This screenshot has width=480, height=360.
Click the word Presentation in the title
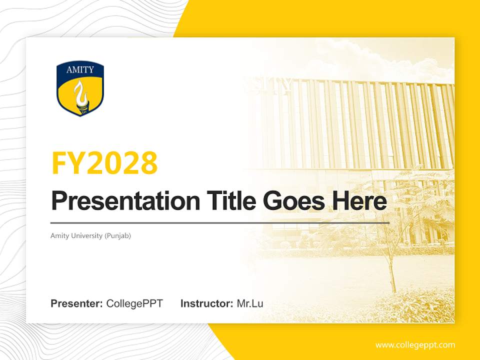pyautogui.click(x=118, y=201)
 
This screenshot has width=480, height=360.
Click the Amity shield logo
pyautogui.click(x=80, y=89)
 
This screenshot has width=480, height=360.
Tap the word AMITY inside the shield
pyautogui.click(x=80, y=70)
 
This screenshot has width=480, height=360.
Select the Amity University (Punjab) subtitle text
pyautogui.click(x=90, y=235)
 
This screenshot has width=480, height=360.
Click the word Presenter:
pyautogui.click(x=77, y=303)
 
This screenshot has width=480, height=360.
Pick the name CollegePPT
pyautogui.click(x=134, y=303)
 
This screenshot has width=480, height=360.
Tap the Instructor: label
pyautogui.click(x=206, y=303)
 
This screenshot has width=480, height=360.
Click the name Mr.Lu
pyautogui.click(x=250, y=303)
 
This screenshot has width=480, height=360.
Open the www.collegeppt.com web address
pyautogui.click(x=415, y=345)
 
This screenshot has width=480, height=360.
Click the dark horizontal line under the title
pyautogui.click(x=220, y=223)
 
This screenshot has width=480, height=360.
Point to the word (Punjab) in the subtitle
pyautogui.click(x=118, y=235)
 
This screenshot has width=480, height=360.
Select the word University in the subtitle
pyautogui.click(x=85, y=235)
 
